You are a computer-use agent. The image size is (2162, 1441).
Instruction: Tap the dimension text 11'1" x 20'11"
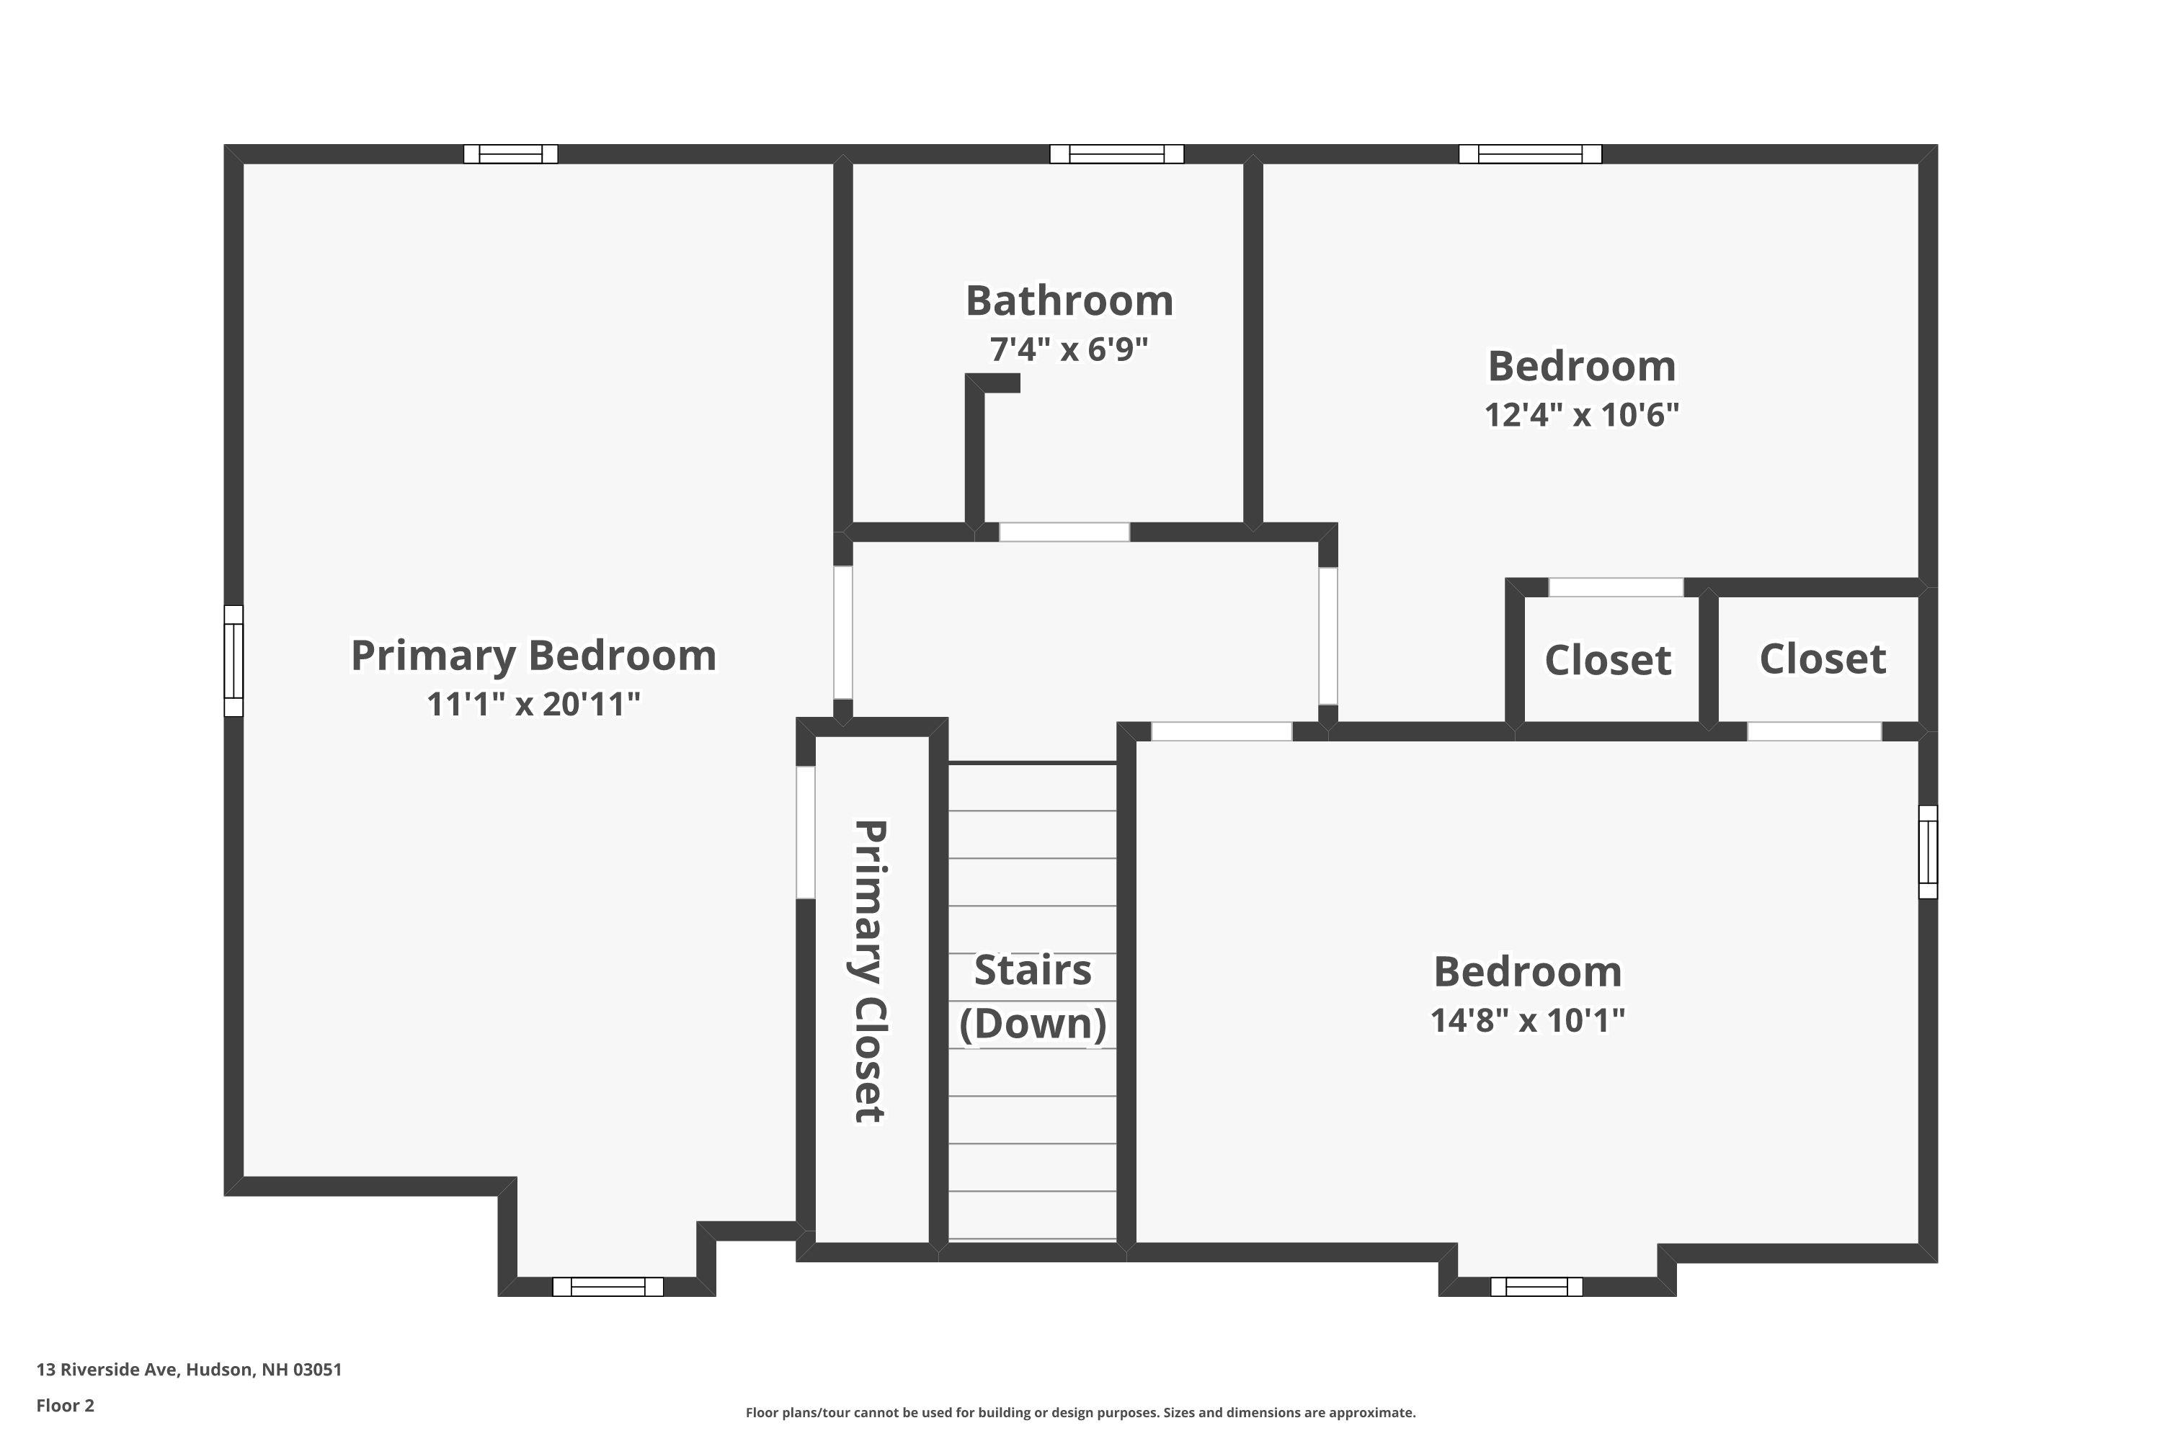click(533, 705)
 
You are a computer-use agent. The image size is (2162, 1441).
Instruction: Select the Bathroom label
click(1069, 301)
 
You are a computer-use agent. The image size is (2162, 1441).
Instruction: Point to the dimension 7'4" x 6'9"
click(1069, 350)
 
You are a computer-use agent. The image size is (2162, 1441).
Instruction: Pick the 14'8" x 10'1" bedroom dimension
click(1527, 1021)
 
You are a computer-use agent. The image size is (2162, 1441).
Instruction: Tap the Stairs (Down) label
click(1032, 997)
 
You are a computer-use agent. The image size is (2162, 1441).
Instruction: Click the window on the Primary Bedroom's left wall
click(233, 661)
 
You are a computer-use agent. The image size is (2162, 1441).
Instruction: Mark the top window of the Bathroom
click(1117, 154)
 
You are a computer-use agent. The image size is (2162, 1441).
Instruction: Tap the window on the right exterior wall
click(1928, 852)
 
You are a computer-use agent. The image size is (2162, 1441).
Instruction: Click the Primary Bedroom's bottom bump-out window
click(608, 1287)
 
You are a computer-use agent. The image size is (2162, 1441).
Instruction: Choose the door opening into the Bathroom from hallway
click(1064, 532)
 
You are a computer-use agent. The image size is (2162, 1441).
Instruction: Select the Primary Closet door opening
click(805, 831)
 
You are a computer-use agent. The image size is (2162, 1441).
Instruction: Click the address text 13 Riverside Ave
click(188, 1370)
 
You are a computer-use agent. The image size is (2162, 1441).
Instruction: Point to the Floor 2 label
click(66, 1405)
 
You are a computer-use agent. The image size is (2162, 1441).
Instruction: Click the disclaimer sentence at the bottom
click(1080, 1412)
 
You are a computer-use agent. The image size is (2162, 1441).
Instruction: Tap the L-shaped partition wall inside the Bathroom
click(975, 450)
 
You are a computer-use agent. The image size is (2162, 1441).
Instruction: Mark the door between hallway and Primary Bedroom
click(843, 633)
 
